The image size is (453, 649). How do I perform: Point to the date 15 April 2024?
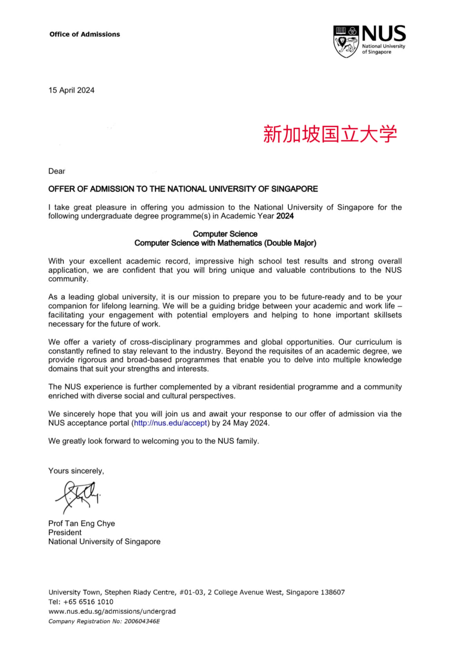point(71,90)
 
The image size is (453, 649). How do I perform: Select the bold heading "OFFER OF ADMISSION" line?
point(183,189)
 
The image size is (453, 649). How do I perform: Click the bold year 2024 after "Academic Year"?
point(285,216)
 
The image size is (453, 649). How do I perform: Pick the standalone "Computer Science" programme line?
point(225,234)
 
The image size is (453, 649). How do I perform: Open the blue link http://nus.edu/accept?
point(171,423)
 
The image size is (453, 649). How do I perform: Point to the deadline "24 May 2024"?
point(245,423)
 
